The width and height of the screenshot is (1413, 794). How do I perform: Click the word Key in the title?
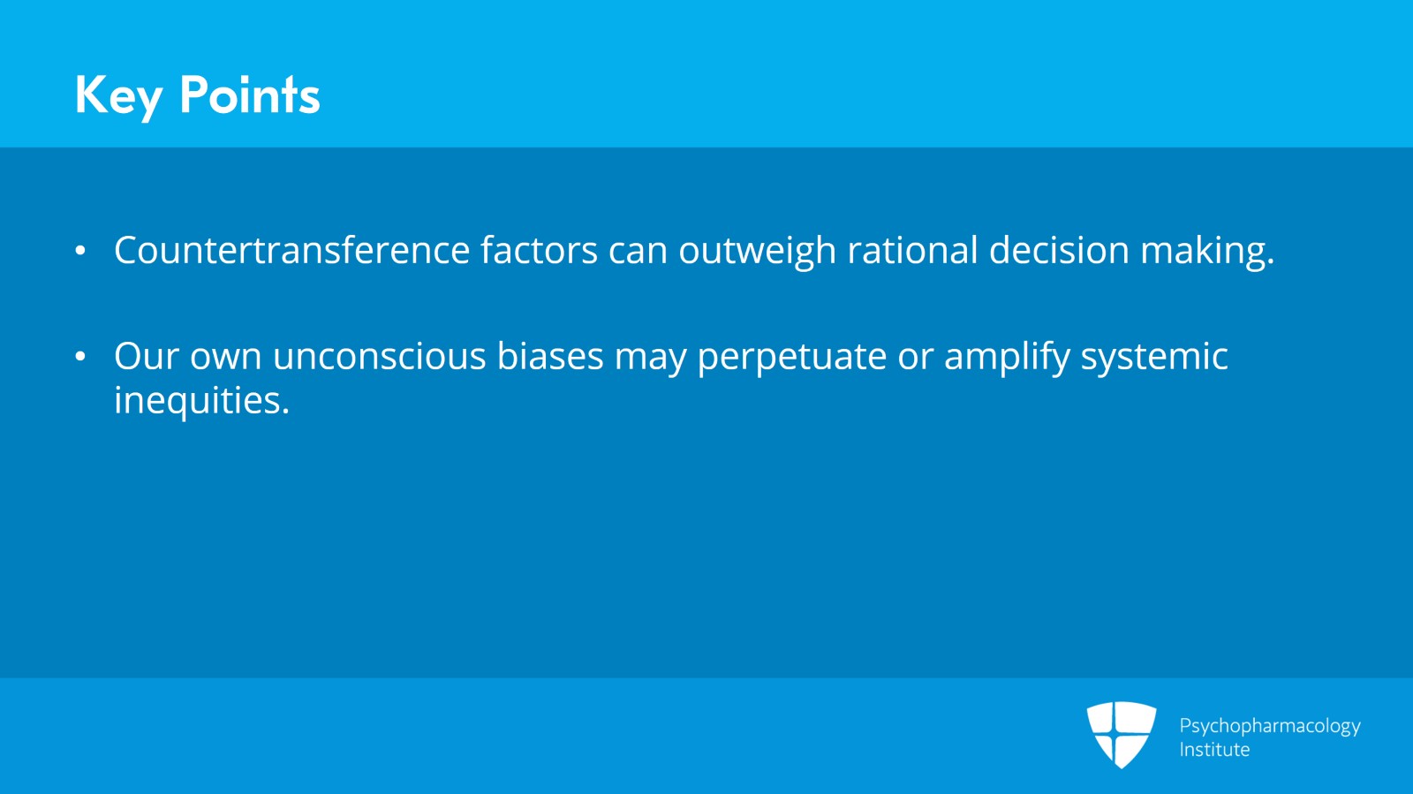119,95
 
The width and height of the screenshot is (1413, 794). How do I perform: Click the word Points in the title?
250,95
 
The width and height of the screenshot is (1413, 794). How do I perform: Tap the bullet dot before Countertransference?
80,250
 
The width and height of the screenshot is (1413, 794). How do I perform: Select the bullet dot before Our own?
80,356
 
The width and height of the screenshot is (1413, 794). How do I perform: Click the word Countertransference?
292,250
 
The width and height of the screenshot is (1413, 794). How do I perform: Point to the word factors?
539,250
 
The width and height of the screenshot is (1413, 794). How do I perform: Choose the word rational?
913,250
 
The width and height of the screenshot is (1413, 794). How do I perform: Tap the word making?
1207,251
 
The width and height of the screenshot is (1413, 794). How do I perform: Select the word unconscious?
379,356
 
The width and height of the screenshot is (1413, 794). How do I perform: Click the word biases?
550,355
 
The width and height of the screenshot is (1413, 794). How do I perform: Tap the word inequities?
202,400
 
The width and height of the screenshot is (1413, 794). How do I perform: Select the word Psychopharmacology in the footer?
1270,727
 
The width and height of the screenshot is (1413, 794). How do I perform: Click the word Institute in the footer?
1214,749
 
